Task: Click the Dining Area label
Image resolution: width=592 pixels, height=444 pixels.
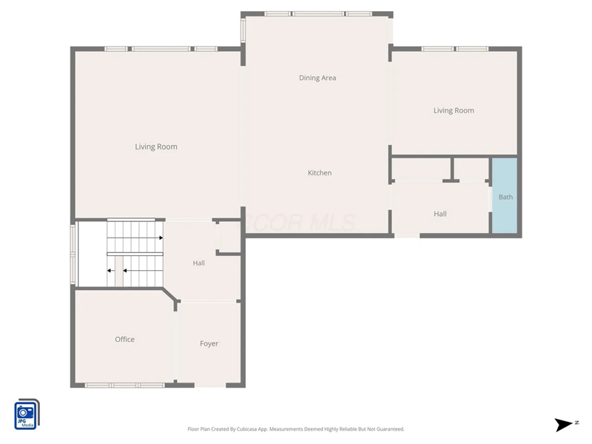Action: [317, 78]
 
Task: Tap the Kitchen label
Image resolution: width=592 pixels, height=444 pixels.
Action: [320, 172]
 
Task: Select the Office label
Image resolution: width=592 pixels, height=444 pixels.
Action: [124, 340]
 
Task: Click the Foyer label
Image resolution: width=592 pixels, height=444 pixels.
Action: [209, 343]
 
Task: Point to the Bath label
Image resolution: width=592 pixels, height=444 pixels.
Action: [505, 197]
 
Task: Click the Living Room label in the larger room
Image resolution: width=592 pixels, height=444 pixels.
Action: [156, 147]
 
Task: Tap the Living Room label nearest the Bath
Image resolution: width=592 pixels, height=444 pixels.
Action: [454, 110]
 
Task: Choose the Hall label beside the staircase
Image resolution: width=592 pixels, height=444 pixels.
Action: [199, 263]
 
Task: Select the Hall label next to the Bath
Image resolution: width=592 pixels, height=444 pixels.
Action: [440, 214]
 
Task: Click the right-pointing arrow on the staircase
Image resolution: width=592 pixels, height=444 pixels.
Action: [159, 238]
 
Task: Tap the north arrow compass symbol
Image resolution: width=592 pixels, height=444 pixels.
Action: [564, 424]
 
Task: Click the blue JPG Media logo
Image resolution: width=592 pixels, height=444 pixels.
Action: [27, 414]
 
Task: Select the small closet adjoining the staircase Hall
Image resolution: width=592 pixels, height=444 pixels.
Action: [228, 238]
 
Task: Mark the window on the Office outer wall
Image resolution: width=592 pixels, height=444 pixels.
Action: [124, 385]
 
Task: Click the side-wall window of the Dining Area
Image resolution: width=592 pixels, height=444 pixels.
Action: [243, 30]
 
